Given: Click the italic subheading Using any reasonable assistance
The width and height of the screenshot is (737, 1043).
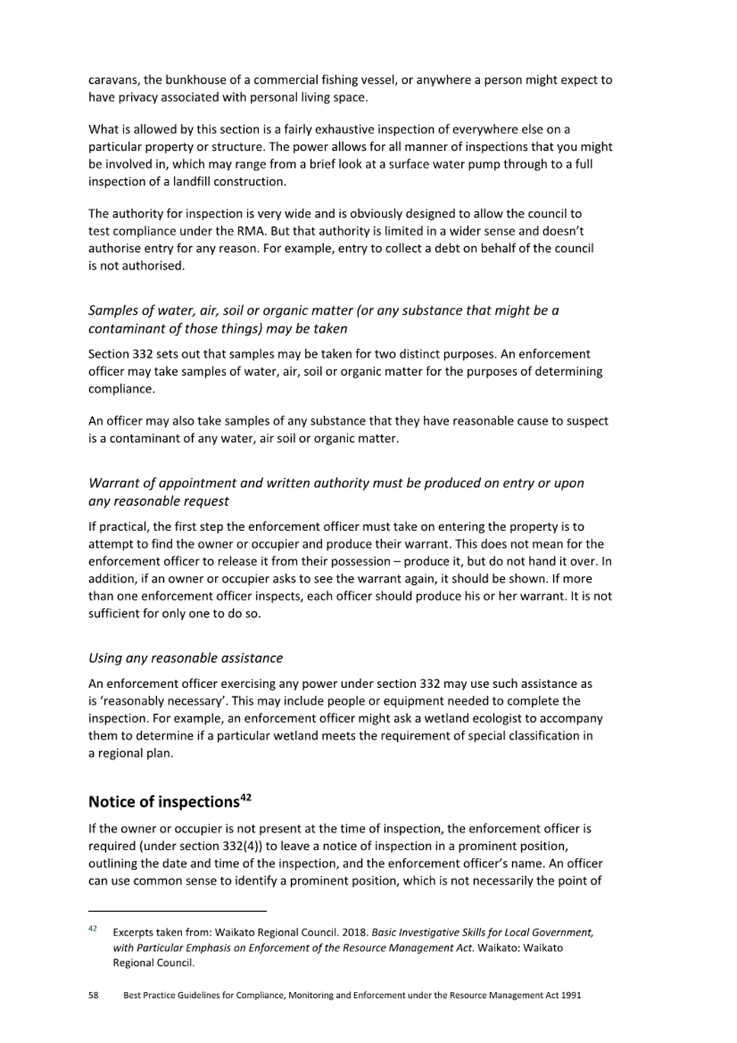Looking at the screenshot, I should click(185, 658).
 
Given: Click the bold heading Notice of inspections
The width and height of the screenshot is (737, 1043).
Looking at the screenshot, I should click(164, 802).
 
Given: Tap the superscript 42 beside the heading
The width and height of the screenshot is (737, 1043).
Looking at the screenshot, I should click(245, 798).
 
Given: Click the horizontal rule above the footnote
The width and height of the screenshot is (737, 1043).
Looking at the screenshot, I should click(178, 910).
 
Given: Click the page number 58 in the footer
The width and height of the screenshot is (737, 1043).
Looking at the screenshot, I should click(94, 996).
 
